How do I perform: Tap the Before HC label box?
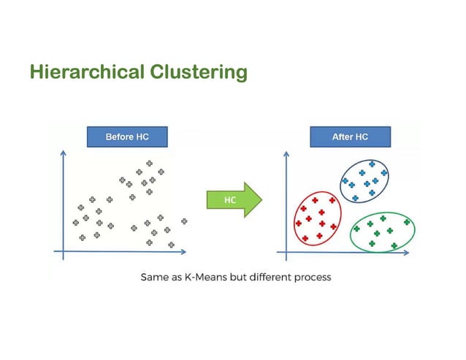[x=127, y=137]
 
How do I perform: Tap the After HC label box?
[x=350, y=137]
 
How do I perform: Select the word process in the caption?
[x=311, y=277]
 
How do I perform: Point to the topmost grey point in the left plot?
[x=149, y=164]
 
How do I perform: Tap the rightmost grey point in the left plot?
[x=184, y=221]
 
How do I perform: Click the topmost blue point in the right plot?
[x=373, y=164]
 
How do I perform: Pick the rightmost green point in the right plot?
[x=406, y=222]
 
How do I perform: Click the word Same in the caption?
[x=152, y=277]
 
